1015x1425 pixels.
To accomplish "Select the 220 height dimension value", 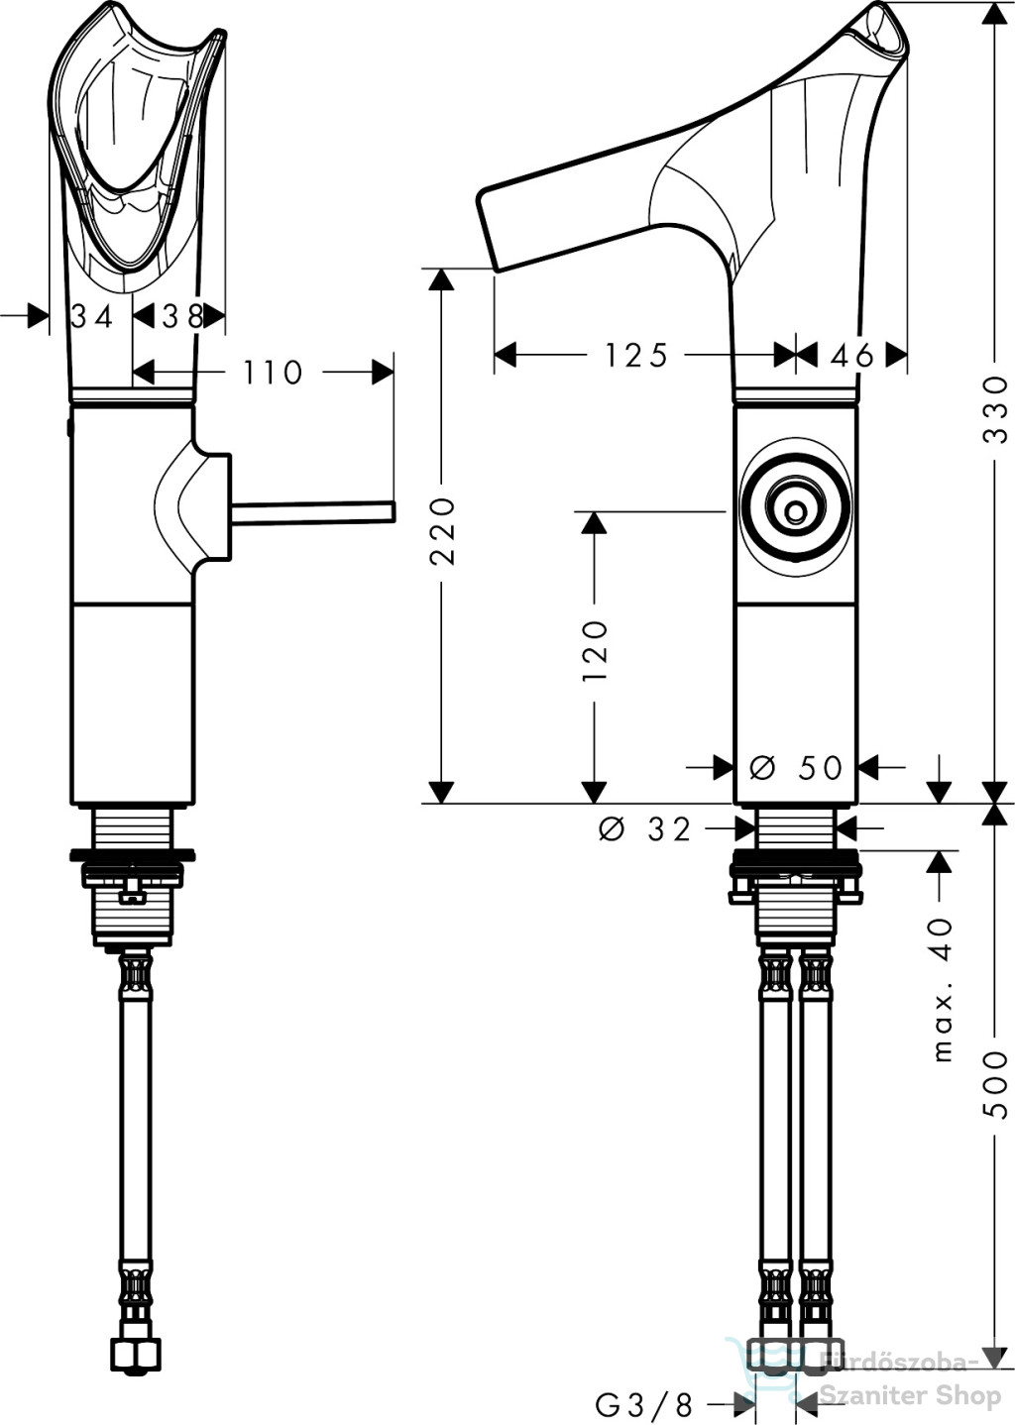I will pos(441,530).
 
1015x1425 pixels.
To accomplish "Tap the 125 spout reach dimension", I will pos(636,355).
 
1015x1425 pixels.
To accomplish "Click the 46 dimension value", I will pos(852,355).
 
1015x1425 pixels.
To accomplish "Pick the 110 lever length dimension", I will pos(273,373).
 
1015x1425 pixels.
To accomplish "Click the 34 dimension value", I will pos(91,316).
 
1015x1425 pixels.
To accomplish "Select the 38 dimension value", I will pos(182,316).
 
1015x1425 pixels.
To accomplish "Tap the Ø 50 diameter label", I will pos(796,767).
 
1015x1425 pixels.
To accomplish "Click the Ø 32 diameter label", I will pos(645,828).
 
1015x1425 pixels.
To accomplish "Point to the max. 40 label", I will pos(943,989).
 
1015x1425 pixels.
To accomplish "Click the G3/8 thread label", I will pos(644,1403).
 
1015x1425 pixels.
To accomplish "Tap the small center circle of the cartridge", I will pos(795,511).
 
